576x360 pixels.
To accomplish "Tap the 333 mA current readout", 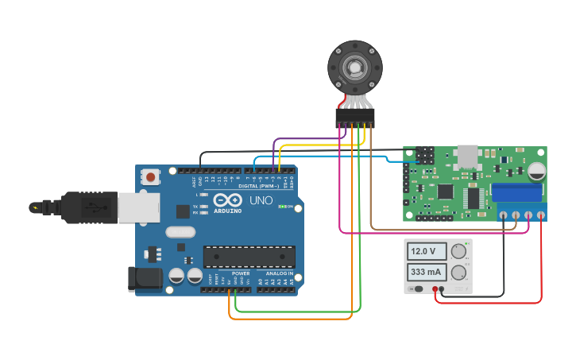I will coord(427,273).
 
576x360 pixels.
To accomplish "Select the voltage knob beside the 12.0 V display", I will coord(458,251).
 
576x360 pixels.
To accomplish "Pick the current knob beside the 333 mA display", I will coord(458,273).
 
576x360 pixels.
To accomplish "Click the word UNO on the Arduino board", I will coord(261,200).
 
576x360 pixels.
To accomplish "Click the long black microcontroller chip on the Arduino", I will coord(249,257).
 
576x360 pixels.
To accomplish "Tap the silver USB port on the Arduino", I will coord(139,208).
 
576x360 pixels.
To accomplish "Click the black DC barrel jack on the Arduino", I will coord(145,278).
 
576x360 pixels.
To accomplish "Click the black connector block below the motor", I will coord(354,118).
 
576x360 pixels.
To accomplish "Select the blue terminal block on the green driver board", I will coord(519,193).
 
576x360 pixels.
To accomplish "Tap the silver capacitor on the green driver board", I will coord(537,171).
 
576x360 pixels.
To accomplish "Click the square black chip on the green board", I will coord(445,192).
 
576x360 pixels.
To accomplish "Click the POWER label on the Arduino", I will coord(241,273).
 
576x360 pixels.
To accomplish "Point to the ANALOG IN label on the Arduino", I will coord(279,273).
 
